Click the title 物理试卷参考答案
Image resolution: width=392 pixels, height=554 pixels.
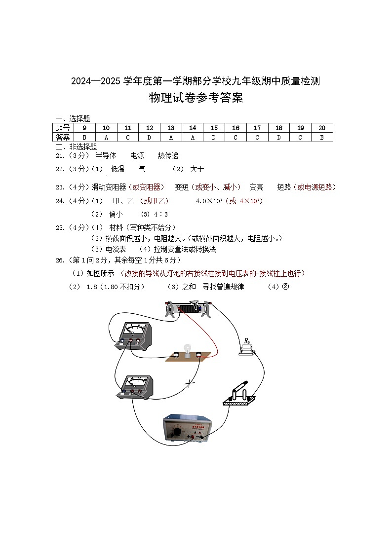(196, 98)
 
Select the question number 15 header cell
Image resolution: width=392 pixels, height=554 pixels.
(214, 128)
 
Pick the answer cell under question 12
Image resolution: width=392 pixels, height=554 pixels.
(150, 137)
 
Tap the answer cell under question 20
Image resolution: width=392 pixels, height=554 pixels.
(321, 137)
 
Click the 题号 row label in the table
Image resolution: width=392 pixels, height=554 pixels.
(63, 128)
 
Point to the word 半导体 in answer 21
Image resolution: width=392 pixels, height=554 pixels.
(106, 156)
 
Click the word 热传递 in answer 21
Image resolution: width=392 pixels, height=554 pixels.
(168, 156)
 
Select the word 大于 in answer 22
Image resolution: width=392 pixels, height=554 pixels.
(197, 169)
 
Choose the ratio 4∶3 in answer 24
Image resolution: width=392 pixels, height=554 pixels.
(161, 215)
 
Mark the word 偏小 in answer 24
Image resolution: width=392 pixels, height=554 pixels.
(116, 215)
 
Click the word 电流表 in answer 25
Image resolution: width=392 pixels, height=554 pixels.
(116, 250)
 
